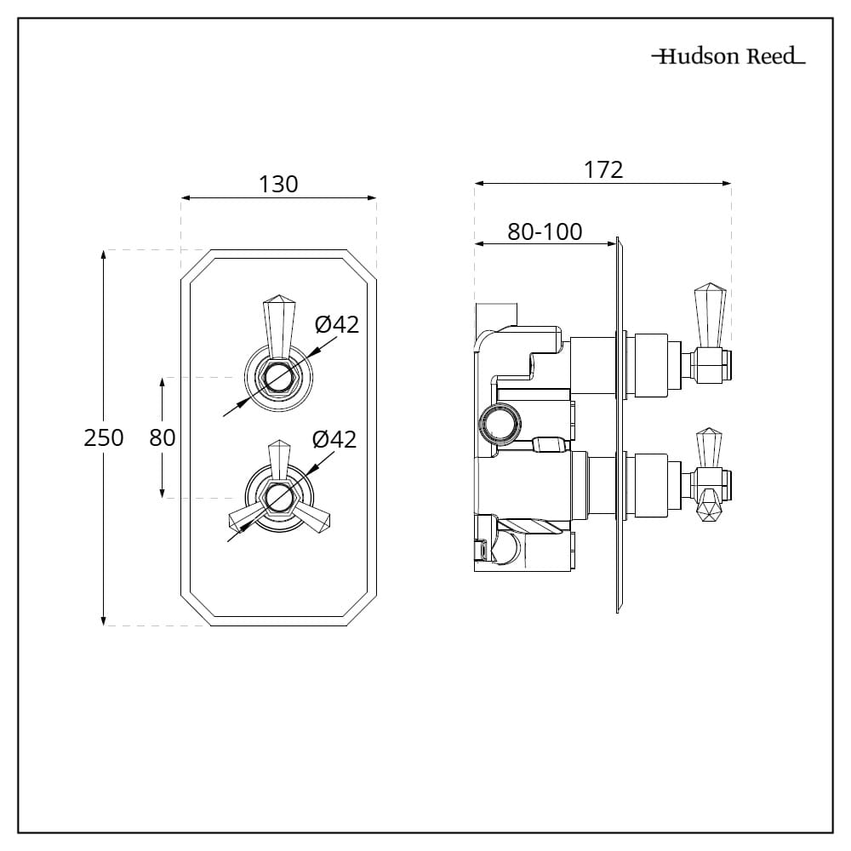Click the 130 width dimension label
point(278,184)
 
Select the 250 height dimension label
point(104,437)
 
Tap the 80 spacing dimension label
point(163,437)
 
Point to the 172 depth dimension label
point(603,169)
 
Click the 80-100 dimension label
point(545,231)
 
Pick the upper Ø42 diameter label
point(337,324)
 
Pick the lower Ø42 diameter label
point(334,439)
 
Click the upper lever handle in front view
point(276,323)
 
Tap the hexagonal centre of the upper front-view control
point(276,376)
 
